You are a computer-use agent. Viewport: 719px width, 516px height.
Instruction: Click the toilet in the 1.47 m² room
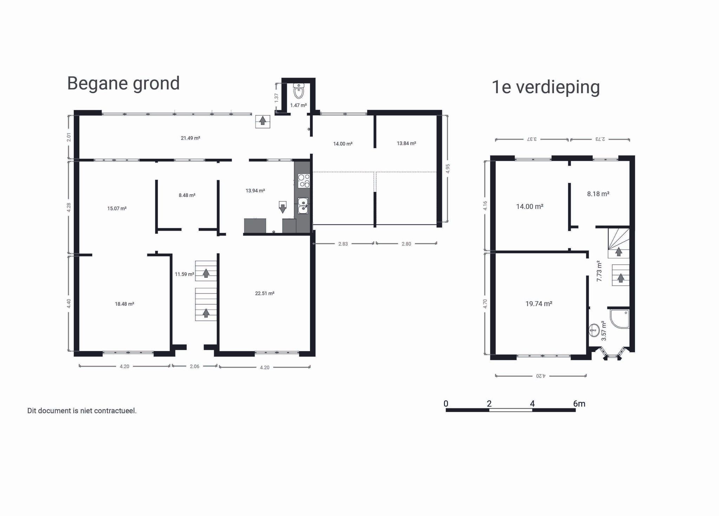tap(298, 91)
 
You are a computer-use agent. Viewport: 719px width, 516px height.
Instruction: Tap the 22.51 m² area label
tap(264, 293)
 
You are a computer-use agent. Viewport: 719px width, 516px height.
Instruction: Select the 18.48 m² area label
tap(124, 304)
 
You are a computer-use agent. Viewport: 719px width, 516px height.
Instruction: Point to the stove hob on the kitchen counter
tap(303, 180)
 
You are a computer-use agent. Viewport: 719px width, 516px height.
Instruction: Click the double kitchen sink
tap(303, 206)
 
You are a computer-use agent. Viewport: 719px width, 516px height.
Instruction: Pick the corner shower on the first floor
tap(620, 319)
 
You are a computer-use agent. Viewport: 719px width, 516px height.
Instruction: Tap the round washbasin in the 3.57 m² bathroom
tap(594, 330)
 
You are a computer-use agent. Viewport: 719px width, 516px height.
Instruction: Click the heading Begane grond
tap(123, 84)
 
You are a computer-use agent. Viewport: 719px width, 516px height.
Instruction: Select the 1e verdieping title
tap(546, 87)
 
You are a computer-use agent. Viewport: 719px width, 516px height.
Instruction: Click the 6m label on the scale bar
tap(579, 404)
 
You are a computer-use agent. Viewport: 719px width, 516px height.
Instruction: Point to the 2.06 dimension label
tap(194, 366)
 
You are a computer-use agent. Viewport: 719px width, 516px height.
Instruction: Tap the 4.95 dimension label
tap(448, 168)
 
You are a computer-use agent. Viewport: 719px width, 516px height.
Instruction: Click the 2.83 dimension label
tap(343, 244)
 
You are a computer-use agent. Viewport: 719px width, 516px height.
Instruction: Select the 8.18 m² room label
tap(598, 194)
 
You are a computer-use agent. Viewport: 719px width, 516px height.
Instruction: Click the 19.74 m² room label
tap(539, 304)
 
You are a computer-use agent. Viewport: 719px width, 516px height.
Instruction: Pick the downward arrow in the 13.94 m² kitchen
tap(282, 207)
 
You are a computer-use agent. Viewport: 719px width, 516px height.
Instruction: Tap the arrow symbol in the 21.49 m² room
tap(262, 121)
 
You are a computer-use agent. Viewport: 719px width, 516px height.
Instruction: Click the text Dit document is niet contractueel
tap(82, 411)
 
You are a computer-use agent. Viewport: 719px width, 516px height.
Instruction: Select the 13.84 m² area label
tap(406, 144)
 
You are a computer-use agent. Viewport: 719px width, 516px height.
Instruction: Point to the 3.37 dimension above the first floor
tap(532, 139)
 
